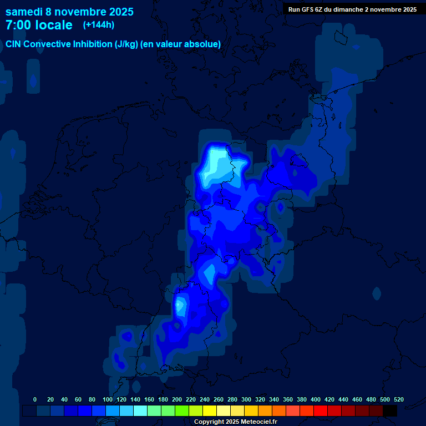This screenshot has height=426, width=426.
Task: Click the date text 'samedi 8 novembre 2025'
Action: point(69,12)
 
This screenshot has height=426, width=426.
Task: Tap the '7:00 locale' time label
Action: point(39,25)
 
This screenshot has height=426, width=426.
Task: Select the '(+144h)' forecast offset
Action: point(99,25)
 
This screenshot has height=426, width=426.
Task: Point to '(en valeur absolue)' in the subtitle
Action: point(181,44)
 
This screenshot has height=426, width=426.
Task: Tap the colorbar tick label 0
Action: point(35,399)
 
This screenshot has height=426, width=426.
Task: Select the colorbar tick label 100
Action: point(108,399)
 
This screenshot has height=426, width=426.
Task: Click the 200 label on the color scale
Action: point(177,399)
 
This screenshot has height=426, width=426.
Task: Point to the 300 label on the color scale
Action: point(246,399)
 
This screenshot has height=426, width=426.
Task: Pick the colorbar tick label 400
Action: point(316,399)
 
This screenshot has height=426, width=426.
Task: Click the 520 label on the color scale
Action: point(399,399)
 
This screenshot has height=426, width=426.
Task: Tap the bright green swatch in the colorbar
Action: point(182,411)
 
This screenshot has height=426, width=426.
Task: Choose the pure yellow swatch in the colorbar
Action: point(210,411)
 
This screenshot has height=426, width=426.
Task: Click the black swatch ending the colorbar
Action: point(390,411)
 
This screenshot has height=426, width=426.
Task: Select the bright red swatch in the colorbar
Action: point(321,411)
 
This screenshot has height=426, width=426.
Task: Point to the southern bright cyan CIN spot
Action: point(180,305)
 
